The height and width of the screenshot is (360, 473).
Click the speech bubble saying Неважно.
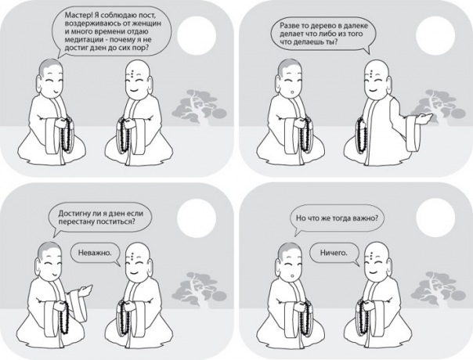pos(96,254)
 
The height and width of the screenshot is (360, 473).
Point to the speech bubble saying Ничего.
pos(334,254)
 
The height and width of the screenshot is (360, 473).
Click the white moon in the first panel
pos(197,34)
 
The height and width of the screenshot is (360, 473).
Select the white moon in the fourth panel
pos(435,218)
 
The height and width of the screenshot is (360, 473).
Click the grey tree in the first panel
pos(199,107)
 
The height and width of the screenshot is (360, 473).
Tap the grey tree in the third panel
pos(199,290)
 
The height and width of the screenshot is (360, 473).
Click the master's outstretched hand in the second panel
pos(424,118)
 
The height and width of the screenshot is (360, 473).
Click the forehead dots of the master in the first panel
pos(132,74)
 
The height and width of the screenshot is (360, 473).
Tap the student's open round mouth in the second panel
pos(291,92)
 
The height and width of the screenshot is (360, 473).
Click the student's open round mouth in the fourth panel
pos(291,275)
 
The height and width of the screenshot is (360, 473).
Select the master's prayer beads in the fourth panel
pos(363,317)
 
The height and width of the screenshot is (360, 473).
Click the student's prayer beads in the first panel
pos(67,135)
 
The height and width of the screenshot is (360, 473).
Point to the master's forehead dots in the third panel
pos(132,257)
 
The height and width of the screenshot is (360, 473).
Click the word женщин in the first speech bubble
pos(149,23)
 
